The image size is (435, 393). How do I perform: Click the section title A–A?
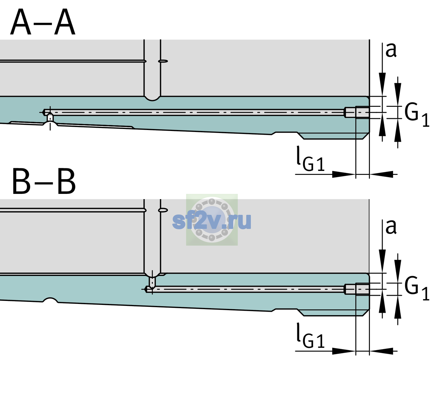coord(43,22)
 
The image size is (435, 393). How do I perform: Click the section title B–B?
coord(44,181)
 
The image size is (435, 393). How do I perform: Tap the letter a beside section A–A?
coord(391,50)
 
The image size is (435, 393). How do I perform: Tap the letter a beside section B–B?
coord(391,227)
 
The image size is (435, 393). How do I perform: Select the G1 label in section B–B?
coord(417,289)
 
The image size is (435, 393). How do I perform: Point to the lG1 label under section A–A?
coord(310,159)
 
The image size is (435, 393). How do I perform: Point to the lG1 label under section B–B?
coord(310,336)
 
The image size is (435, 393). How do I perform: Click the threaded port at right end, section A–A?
coord(357,112)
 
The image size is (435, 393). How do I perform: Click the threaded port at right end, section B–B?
coord(357,289)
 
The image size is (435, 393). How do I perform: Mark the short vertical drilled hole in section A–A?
coord(50,118)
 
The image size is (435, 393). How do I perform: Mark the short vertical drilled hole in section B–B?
coord(152,282)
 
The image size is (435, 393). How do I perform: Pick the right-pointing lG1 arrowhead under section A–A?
coord(344,174)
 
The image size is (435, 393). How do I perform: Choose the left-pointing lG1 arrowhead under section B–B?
coord(381,351)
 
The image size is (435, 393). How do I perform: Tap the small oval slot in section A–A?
coord(163,61)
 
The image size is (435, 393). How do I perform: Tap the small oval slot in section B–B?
coord(163,210)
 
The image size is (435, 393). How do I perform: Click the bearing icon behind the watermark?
coord(212,219)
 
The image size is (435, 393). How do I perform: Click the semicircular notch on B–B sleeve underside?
coord(50,300)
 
